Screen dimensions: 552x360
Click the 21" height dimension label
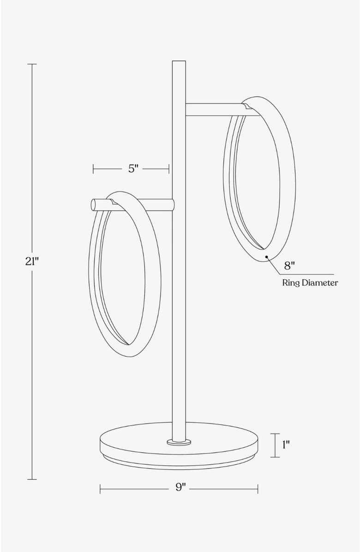[x=31, y=261]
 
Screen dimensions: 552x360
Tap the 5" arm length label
[x=133, y=169]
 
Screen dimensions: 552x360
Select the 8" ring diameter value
[x=289, y=265]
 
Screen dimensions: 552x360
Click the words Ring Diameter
[x=310, y=282]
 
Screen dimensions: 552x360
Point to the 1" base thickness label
[x=286, y=445]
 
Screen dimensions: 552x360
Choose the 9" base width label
[x=180, y=488]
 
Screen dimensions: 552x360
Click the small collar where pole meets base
[x=179, y=442]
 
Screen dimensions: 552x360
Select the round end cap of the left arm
[x=94, y=204]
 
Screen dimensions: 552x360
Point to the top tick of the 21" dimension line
[x=32, y=64]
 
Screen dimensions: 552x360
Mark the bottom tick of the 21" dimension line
[x=32, y=479]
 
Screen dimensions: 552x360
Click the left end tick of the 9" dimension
[x=100, y=488]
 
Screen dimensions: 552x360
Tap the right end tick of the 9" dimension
[x=258, y=488]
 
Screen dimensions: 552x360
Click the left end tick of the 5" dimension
[x=93, y=169]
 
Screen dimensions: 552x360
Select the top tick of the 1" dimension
[x=275, y=434]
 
